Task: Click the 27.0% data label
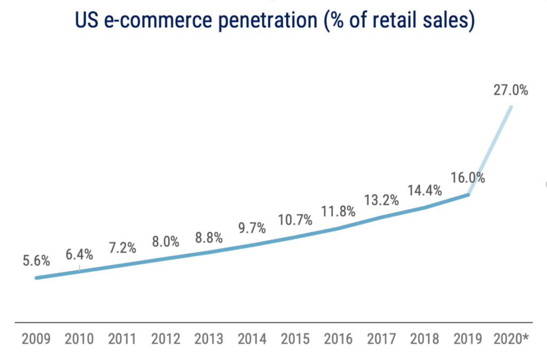[x=511, y=90]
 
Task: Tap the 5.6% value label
[x=36, y=261]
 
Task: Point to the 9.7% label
[x=252, y=228]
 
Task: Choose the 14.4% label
[x=425, y=190]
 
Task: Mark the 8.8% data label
[x=208, y=238]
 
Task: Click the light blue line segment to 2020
[x=490, y=151]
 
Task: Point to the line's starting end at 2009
[x=36, y=278]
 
